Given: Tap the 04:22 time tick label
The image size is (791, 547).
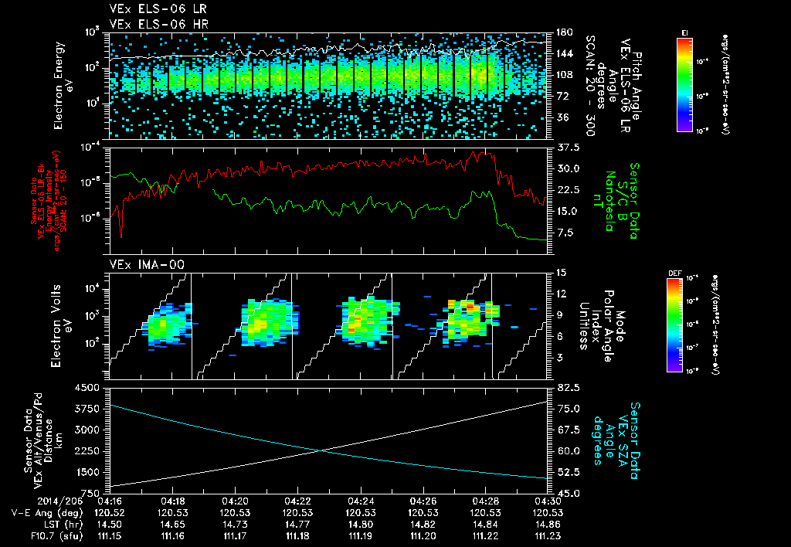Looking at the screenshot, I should click(298, 500).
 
